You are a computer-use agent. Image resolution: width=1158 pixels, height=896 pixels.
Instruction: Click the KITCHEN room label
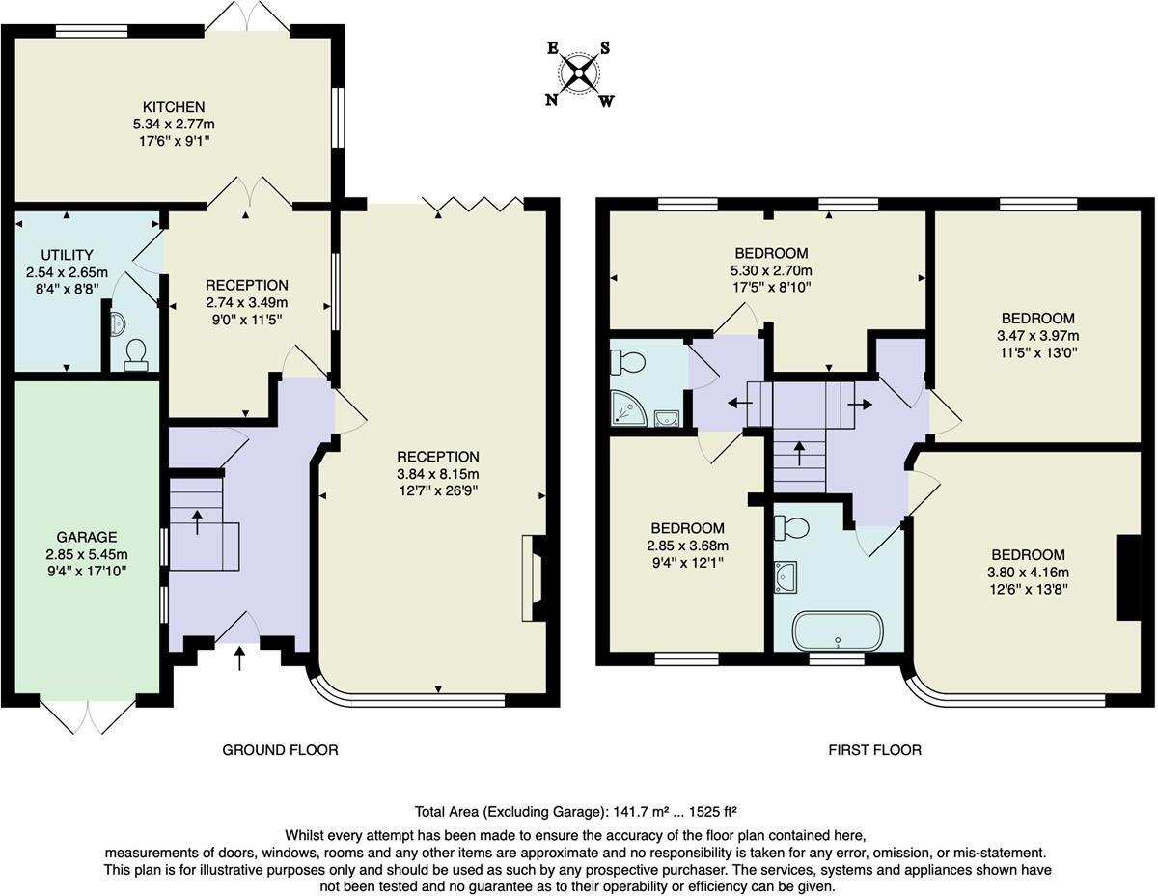point(174,106)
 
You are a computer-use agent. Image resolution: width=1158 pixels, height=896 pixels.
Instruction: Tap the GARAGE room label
point(86,537)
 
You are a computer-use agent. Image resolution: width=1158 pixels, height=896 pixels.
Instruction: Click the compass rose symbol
point(579,73)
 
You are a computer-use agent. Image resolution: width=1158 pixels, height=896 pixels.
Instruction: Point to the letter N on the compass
point(551,99)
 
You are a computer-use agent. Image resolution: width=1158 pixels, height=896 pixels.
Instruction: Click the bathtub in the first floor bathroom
point(837,630)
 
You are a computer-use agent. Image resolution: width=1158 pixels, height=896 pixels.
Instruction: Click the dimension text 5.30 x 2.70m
point(771,270)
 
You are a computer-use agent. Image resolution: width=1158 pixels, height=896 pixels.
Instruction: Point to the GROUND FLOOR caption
point(280,750)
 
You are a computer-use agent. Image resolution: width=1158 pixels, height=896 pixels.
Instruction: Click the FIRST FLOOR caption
point(874,750)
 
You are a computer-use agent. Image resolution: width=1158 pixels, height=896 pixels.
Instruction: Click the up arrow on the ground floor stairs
point(198,521)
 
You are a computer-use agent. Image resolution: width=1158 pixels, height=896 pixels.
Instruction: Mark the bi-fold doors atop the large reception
point(472,203)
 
